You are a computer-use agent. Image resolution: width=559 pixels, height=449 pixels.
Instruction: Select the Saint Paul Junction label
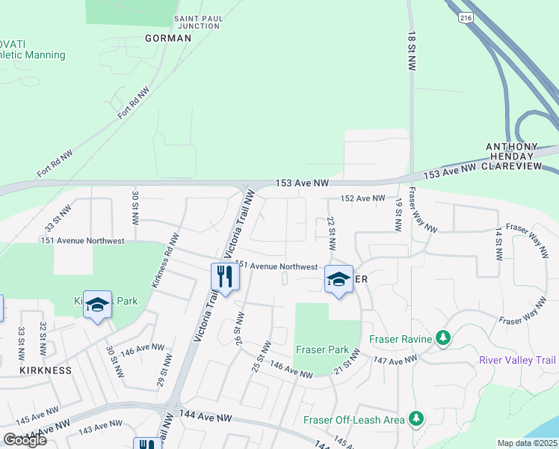pos(197,22)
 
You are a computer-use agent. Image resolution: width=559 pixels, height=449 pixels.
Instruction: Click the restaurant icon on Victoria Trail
pos(225,278)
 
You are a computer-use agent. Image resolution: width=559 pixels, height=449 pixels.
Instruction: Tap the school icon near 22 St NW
pos(339,280)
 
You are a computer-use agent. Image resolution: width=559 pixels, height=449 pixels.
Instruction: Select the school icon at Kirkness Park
pos(97,305)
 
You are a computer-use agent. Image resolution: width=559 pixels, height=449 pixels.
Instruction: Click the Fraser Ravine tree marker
pos(443,339)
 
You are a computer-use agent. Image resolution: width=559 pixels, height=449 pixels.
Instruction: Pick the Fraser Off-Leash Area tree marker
pos(416,419)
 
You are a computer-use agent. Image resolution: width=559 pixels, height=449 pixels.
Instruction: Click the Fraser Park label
pos(322,349)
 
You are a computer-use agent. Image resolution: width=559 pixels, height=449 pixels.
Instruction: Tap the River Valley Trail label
pos(518,359)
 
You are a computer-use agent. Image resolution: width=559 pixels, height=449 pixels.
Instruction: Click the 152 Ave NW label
pos(362,198)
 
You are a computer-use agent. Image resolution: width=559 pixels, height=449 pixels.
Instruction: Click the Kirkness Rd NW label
pos(165,260)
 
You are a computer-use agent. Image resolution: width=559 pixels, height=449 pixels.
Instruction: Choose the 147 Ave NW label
pos(396,361)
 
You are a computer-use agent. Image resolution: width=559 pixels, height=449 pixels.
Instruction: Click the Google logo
pos(25,440)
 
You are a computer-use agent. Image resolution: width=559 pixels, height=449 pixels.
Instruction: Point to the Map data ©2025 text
pos(528,443)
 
